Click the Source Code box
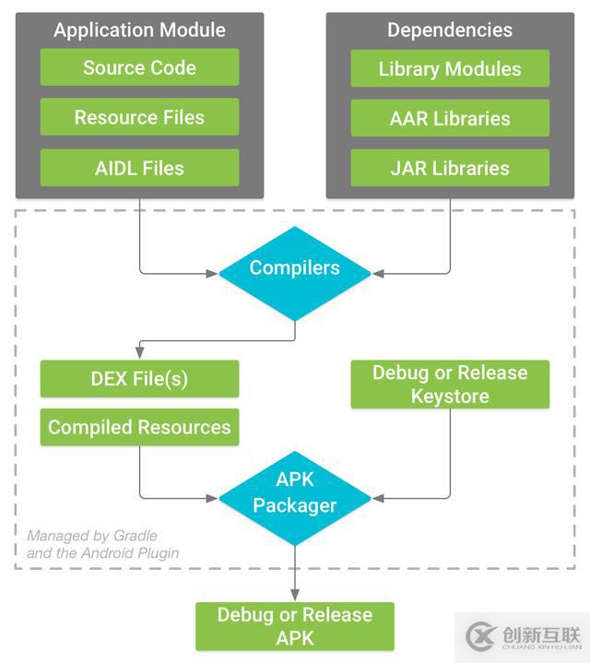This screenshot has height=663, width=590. point(139,67)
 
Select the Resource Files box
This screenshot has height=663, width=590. point(139,117)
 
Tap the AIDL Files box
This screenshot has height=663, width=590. point(139,168)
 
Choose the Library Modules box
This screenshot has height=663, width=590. point(450,68)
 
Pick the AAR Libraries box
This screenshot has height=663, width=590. point(450,118)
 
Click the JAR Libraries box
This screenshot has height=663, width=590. point(450,168)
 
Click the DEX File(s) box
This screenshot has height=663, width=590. point(139,378)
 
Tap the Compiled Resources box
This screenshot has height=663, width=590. point(139,427)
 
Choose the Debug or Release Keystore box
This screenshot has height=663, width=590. point(450,385)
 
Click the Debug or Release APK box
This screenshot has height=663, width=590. point(295,626)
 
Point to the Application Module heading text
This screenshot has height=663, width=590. point(139,30)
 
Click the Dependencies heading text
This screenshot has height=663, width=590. point(450,30)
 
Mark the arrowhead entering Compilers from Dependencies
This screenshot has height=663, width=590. point(377,273)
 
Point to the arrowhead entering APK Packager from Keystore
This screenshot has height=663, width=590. point(377,499)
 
